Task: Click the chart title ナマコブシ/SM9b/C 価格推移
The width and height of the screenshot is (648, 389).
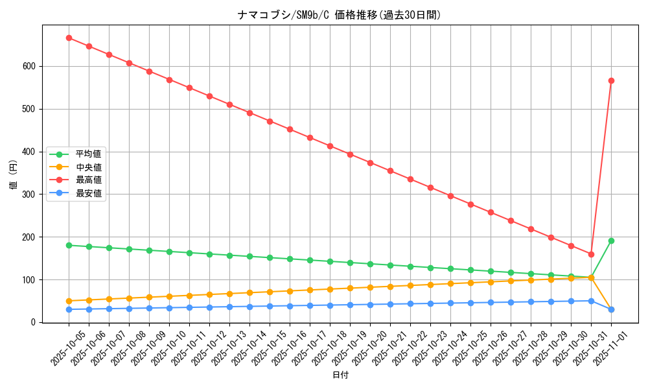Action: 340,15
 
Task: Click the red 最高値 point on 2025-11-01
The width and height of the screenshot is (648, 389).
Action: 611,80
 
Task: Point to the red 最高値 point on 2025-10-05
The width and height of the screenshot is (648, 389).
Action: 69,38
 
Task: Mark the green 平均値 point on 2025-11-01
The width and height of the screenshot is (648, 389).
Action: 611,241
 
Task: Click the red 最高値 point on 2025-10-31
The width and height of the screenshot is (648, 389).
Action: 591,254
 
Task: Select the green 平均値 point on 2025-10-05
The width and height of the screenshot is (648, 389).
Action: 69,245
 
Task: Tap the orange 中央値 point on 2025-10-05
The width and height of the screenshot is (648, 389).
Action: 69,301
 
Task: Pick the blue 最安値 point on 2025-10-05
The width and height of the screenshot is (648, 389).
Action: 69,309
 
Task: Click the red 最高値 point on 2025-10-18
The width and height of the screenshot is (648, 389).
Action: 330,146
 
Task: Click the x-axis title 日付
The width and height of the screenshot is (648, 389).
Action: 340,375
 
